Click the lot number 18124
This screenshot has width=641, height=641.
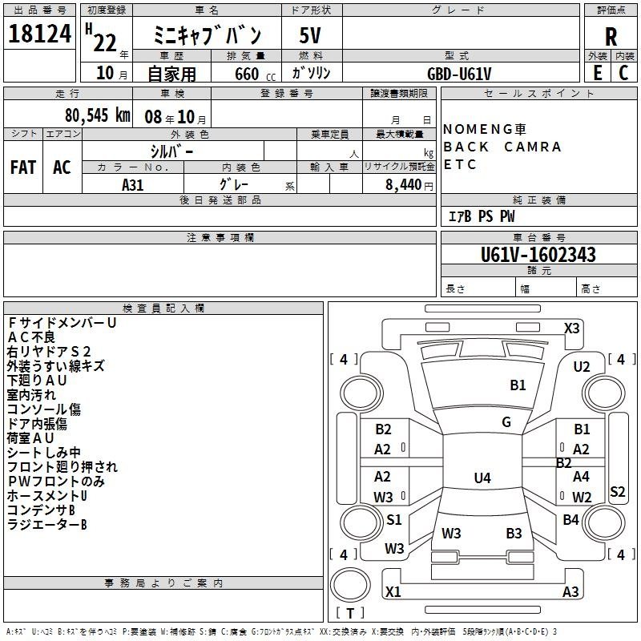(x=39, y=34)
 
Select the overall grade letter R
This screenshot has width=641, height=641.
(x=611, y=37)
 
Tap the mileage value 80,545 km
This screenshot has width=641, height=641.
(x=97, y=115)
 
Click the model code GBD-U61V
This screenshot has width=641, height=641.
(x=459, y=74)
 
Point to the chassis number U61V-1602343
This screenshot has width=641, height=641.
(x=538, y=255)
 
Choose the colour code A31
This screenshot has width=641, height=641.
(x=133, y=185)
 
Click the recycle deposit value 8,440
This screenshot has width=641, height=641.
(x=404, y=185)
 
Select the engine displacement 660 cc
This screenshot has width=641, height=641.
(x=255, y=74)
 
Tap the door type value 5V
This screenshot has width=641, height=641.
(x=310, y=35)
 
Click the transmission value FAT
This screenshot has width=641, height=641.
(x=23, y=167)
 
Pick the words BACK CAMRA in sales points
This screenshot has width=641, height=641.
(x=502, y=147)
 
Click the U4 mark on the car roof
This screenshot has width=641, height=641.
(x=482, y=478)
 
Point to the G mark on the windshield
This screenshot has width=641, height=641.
(x=506, y=422)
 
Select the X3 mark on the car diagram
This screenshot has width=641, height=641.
(x=571, y=329)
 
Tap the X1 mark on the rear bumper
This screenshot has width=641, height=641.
(x=393, y=591)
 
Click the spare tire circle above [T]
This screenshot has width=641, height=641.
(x=350, y=585)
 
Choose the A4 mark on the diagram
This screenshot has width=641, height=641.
(x=581, y=476)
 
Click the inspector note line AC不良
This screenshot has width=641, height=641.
(x=31, y=337)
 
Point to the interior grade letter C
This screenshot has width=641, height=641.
(x=623, y=73)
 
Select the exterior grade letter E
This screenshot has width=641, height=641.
(x=597, y=73)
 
